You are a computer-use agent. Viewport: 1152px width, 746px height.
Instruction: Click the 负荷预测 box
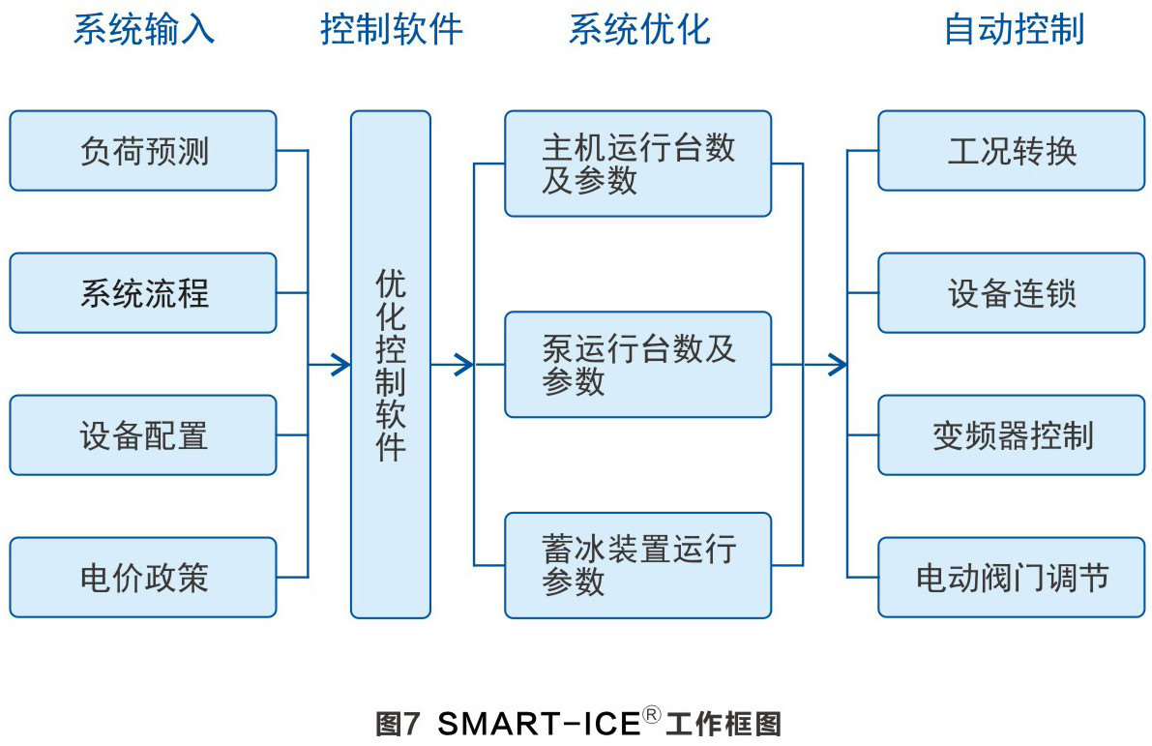(143, 151)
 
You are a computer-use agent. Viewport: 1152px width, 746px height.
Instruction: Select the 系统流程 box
(143, 293)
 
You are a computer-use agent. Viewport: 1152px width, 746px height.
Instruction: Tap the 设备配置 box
(143, 435)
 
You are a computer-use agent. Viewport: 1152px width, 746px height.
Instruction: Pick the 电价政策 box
(143, 578)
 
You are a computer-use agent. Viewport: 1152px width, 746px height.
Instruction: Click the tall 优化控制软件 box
(390, 365)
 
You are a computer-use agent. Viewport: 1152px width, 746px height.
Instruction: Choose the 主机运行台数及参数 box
(637, 164)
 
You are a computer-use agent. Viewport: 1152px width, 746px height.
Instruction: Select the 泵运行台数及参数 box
(637, 365)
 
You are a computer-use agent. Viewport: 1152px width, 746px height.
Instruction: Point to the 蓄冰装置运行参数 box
(637, 565)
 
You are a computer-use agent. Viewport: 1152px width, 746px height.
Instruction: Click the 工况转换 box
(1012, 151)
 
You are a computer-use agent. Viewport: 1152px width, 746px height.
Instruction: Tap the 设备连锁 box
(1012, 293)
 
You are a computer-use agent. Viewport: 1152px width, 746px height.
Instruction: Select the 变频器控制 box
(1012, 435)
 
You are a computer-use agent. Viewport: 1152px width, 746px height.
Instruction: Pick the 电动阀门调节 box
(1012, 578)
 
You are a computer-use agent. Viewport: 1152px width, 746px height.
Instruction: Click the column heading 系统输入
(144, 30)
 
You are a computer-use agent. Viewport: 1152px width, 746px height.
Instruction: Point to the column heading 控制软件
(391, 30)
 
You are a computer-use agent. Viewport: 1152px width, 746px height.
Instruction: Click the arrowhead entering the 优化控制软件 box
(340, 365)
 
